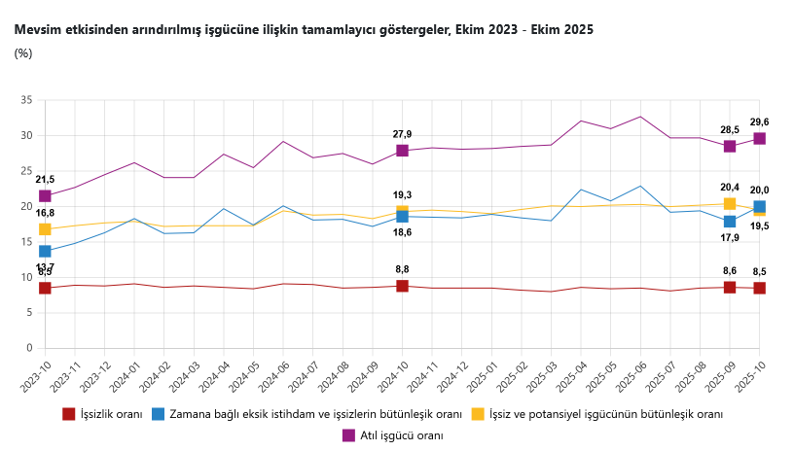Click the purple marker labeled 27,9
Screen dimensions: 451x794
point(402,151)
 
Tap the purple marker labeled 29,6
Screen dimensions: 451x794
point(759,138)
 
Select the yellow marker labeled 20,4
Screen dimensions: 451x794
point(730,204)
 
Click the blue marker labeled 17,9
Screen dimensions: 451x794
point(730,222)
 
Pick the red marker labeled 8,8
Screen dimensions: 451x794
point(402,286)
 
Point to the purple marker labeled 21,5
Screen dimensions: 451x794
point(45,195)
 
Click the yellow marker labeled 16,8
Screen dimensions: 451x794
point(45,229)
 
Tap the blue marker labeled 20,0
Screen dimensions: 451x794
point(759,206)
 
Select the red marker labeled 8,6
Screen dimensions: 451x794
point(730,287)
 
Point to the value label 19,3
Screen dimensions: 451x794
point(402,194)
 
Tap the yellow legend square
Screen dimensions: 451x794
point(478,414)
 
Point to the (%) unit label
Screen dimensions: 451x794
point(23,53)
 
